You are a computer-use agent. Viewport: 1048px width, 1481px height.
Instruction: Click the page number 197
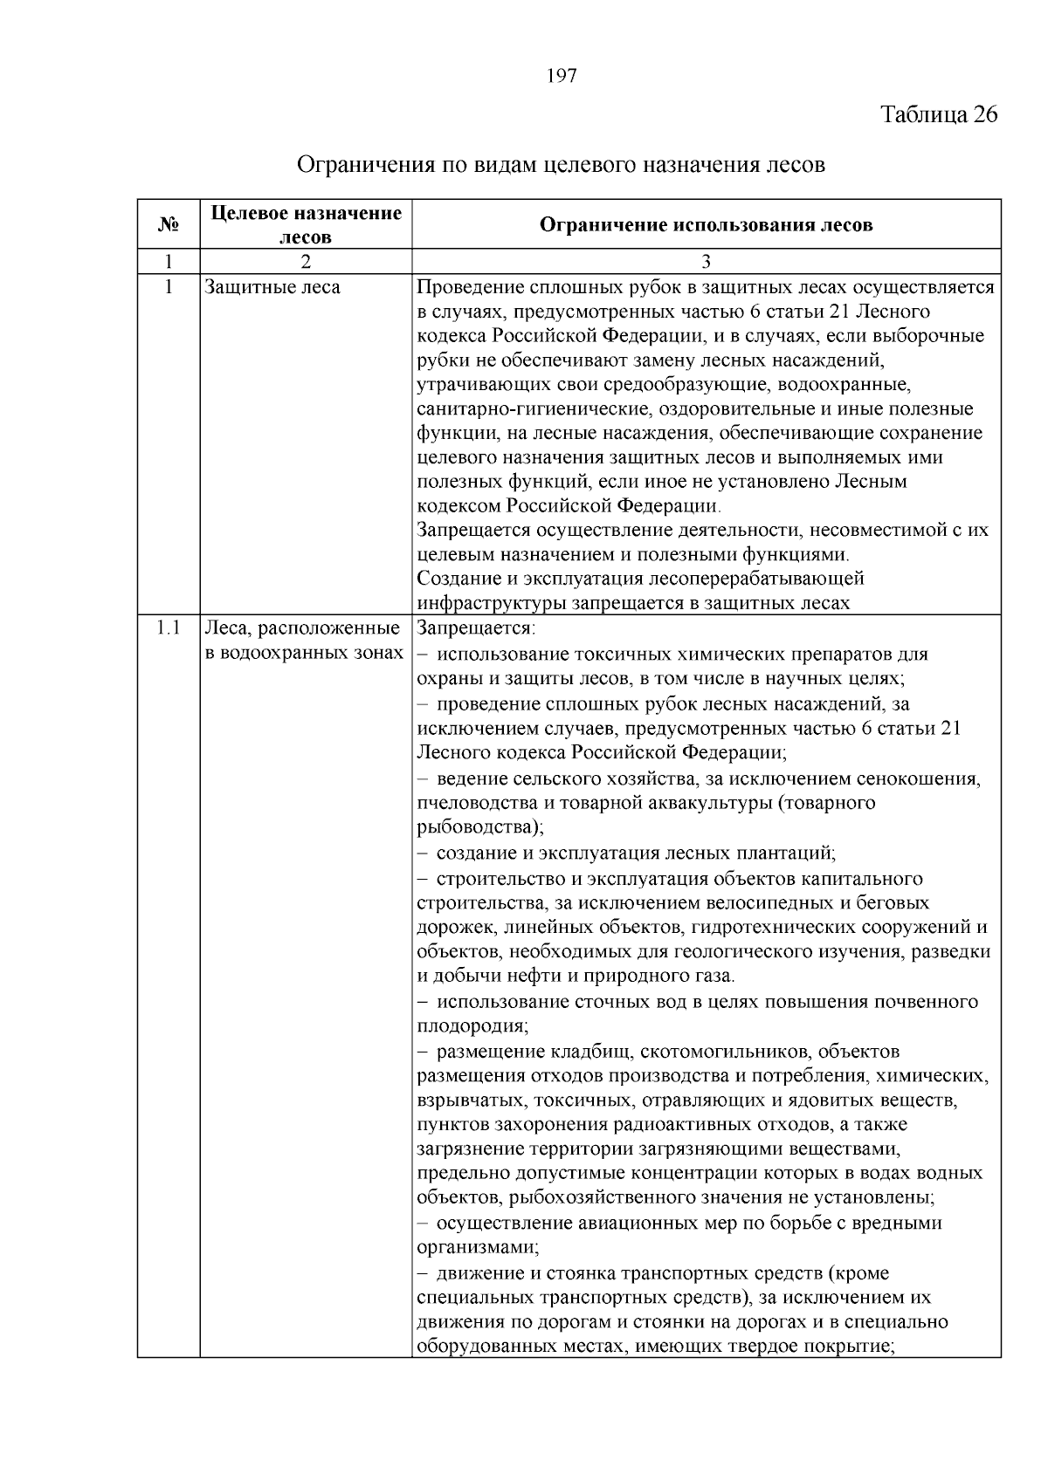(562, 76)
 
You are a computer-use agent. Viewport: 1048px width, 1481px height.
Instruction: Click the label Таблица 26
(939, 115)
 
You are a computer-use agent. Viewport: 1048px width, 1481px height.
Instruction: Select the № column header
(169, 225)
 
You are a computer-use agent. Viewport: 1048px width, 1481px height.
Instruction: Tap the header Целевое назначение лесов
(306, 224)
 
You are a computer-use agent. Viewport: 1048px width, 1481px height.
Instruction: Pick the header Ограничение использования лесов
(706, 225)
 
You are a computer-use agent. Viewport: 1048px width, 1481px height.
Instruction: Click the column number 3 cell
(706, 262)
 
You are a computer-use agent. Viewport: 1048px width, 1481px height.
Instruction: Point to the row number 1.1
(168, 628)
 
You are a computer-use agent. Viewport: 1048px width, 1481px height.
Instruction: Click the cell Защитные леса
(272, 287)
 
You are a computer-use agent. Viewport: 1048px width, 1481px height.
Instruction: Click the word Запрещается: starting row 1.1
(476, 628)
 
